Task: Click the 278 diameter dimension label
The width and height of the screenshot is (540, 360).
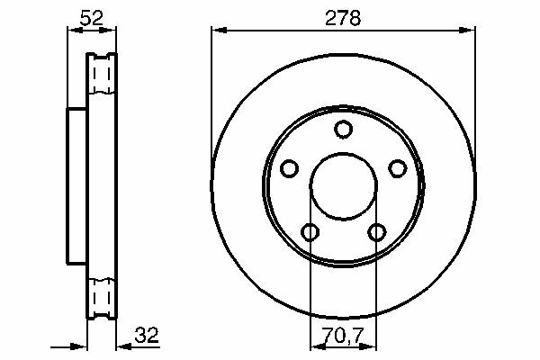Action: [343, 18]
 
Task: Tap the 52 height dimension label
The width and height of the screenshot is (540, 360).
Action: [91, 18]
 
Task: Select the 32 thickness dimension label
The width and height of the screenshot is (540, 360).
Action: [147, 335]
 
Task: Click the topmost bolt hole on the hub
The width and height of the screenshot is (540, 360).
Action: [343, 130]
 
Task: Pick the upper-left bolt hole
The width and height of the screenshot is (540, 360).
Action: [289, 168]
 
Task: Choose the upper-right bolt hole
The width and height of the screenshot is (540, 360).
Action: [398, 168]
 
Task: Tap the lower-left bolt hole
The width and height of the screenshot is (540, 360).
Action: [310, 232]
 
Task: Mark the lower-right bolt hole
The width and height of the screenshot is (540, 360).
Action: [377, 232]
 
